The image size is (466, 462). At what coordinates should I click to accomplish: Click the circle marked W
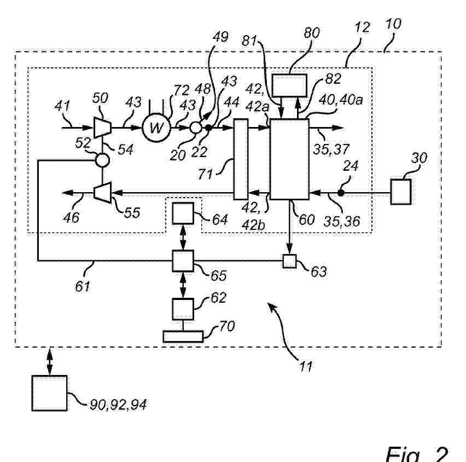pyautogui.click(x=157, y=128)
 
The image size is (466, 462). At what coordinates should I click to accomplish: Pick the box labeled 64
pyautogui.click(x=183, y=213)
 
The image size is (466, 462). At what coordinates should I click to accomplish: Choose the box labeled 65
pyautogui.click(x=183, y=261)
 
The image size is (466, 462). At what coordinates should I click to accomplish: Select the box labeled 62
pyautogui.click(x=183, y=309)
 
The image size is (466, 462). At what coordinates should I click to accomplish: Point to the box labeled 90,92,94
pyautogui.click(x=49, y=392)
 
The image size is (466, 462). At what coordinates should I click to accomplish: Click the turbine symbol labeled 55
pyautogui.click(x=102, y=192)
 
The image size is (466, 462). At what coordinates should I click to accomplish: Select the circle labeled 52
pyautogui.click(x=102, y=160)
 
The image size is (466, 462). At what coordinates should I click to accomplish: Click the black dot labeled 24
pyautogui.click(x=340, y=193)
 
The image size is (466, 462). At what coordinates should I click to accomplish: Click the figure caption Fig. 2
pyautogui.click(x=416, y=452)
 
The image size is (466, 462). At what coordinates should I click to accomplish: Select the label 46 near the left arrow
pyautogui.click(x=72, y=217)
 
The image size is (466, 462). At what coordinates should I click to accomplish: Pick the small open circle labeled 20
pyautogui.click(x=195, y=128)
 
